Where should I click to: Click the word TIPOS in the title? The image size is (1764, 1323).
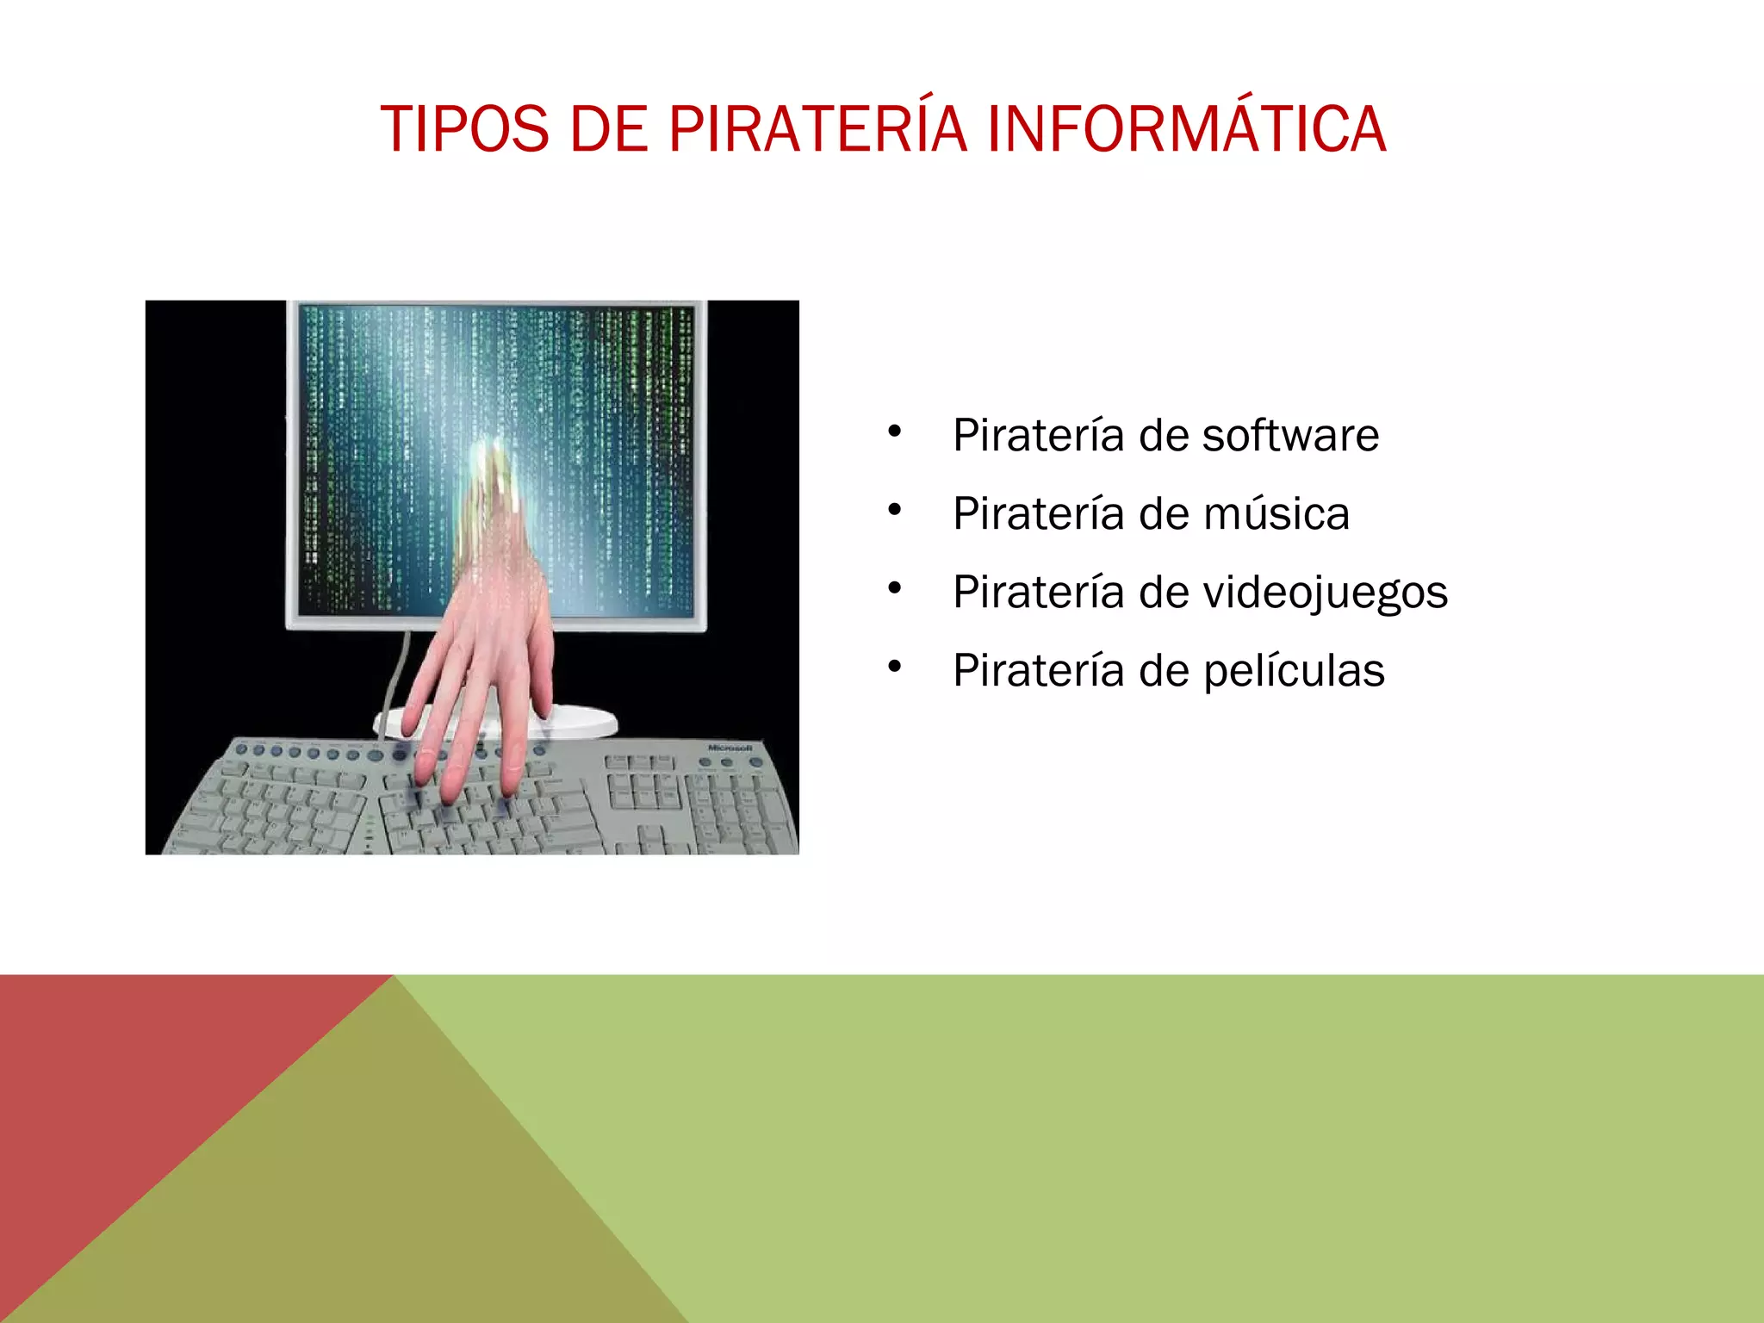[464, 129]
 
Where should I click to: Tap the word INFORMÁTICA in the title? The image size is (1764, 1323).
[1186, 129]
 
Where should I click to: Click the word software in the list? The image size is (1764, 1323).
[1290, 435]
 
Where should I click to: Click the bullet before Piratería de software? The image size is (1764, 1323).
[895, 431]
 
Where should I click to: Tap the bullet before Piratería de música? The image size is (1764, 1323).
[895, 510]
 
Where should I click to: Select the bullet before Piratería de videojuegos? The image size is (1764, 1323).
[895, 588]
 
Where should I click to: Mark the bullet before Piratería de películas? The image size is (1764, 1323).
[895, 666]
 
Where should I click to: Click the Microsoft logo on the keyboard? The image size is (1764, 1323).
[730, 748]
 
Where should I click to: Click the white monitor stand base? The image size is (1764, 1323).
[586, 722]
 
